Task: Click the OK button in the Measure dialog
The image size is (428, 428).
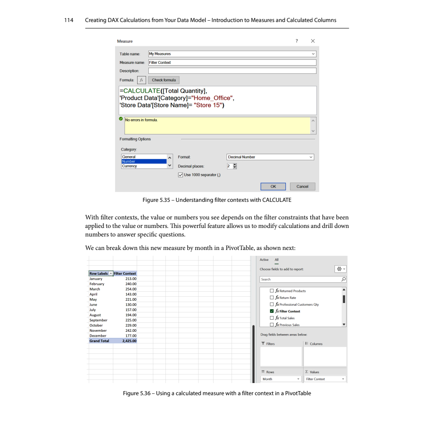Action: pos(273,187)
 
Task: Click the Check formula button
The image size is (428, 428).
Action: pos(164,80)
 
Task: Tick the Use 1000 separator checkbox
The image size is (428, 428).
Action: pos(181,175)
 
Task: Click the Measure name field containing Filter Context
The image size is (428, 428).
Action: pos(232,62)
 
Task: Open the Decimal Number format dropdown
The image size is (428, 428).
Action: pos(270,157)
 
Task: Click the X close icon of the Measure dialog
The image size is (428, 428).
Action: pos(313,41)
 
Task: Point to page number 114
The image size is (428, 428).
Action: pos(71,20)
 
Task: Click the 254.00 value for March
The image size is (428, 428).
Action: pos(131,289)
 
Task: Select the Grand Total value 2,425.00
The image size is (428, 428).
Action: pos(129,341)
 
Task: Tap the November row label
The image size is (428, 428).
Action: pos(98,330)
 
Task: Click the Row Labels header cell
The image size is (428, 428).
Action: pos(98,273)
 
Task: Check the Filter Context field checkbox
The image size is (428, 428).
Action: pos(272,311)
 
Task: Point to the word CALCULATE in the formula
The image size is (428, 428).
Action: pos(141,91)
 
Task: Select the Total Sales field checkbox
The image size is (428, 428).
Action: pos(272,318)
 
